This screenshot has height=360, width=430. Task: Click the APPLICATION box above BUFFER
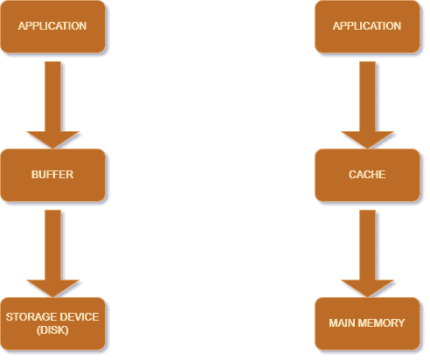click(52, 26)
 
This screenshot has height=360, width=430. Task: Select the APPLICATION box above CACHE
click(367, 26)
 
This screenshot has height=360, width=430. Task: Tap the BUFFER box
click(52, 175)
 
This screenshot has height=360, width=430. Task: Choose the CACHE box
click(367, 175)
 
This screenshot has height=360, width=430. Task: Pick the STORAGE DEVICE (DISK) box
click(52, 323)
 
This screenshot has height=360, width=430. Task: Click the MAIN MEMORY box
click(367, 323)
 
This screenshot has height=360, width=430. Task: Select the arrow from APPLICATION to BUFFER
click(52, 105)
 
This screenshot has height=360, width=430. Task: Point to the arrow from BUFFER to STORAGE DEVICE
click(52, 253)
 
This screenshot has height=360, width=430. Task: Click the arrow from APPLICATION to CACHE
click(367, 105)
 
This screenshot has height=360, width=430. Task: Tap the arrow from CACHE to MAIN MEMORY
click(367, 253)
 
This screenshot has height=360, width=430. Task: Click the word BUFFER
click(52, 175)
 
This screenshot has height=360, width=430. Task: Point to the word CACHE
click(367, 175)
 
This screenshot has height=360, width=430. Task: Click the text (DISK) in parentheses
click(52, 330)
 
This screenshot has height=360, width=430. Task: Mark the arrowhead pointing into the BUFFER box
click(52, 139)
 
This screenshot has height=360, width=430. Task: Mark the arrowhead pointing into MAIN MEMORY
click(367, 287)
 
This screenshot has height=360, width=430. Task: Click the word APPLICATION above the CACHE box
click(367, 26)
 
